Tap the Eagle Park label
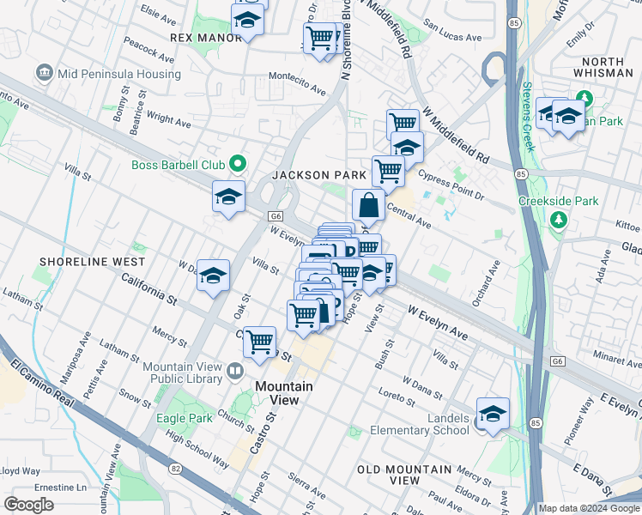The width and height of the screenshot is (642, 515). click(x=184, y=419)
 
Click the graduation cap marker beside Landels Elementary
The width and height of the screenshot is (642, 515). click(x=493, y=415)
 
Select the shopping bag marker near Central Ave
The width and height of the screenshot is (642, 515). click(x=368, y=206)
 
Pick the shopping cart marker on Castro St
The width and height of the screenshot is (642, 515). click(x=259, y=342)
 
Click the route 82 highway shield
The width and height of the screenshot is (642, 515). click(x=175, y=469)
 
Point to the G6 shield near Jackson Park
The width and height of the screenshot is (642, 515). click(x=275, y=216)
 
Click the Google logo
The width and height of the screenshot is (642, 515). click(x=28, y=505)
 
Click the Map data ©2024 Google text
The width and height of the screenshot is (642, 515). click(x=587, y=507)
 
